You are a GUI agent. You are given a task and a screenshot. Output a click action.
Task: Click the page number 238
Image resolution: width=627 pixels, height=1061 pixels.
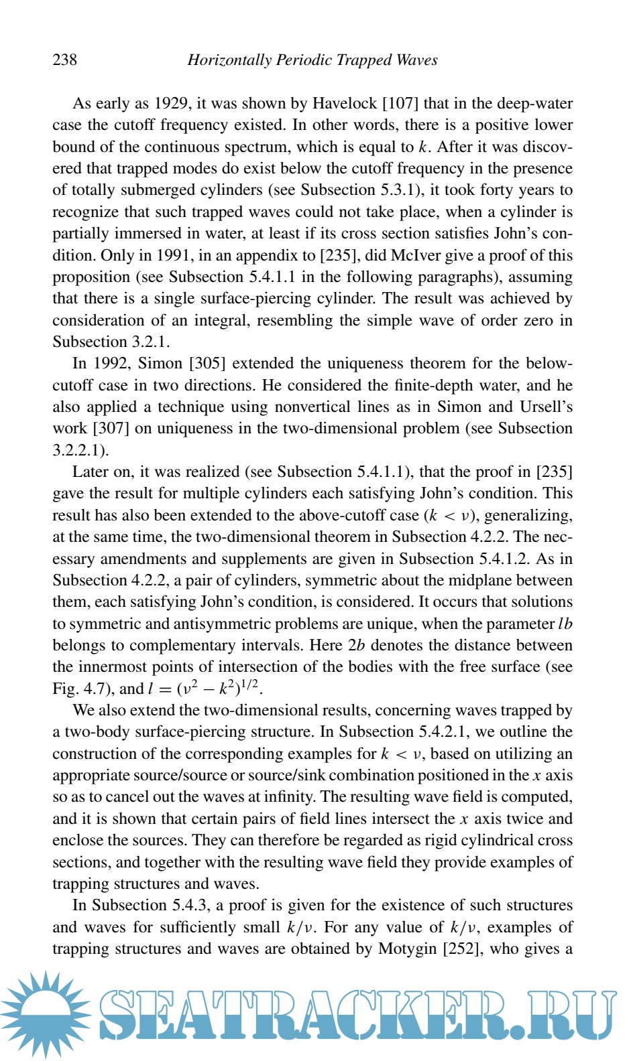tap(65, 60)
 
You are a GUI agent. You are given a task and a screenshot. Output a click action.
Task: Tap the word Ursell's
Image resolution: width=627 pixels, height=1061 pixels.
tap(546, 407)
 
